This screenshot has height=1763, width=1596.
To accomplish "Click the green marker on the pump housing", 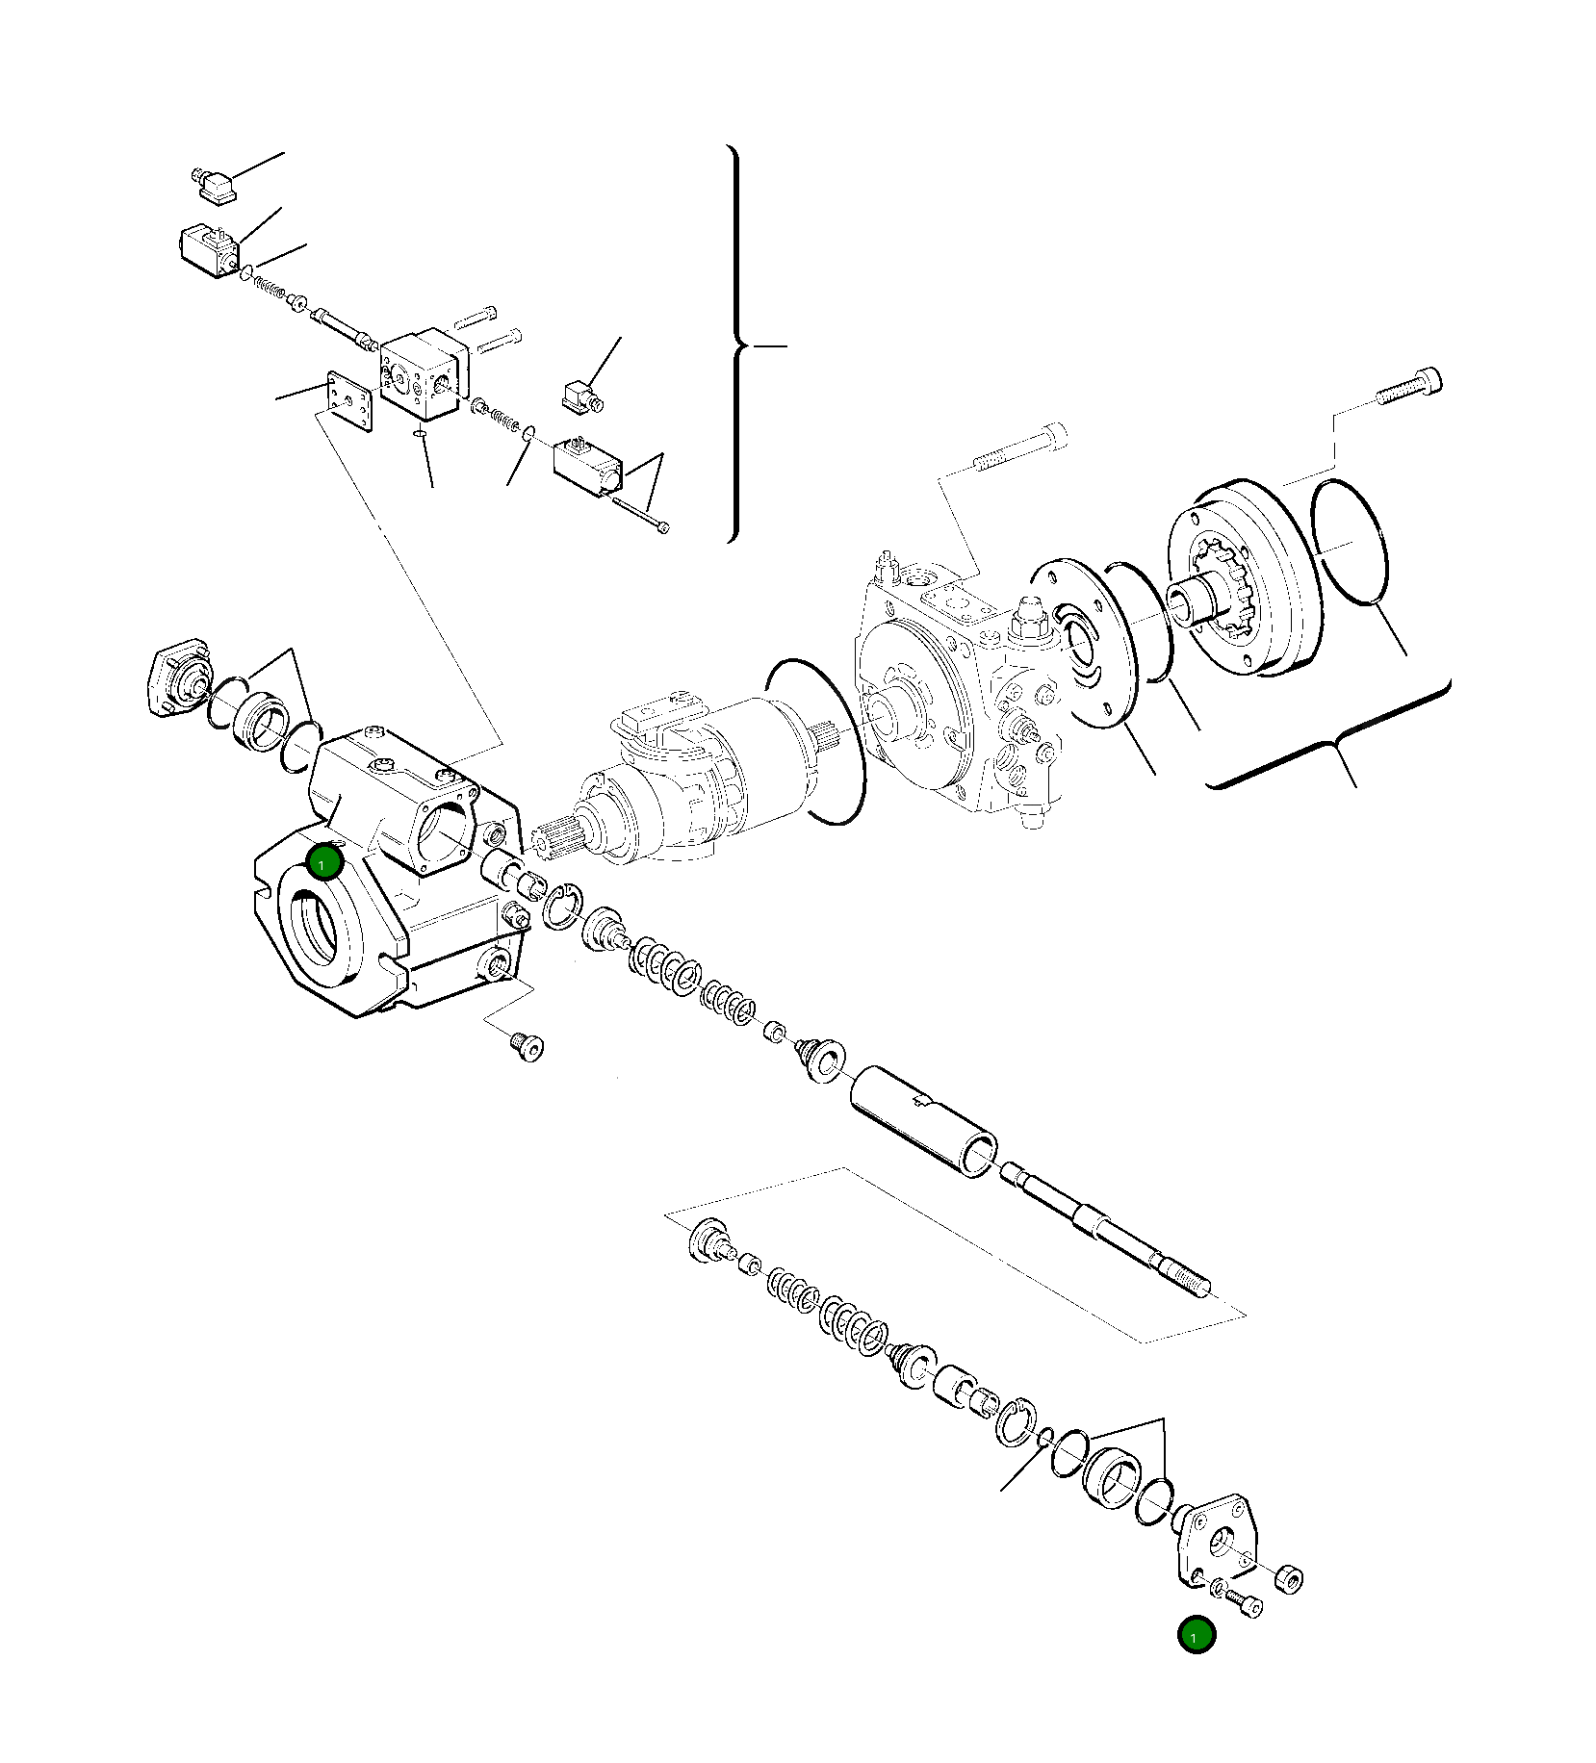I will (x=324, y=861).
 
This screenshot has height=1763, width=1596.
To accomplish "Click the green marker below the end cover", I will (x=1197, y=1635).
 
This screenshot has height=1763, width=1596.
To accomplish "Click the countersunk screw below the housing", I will (x=525, y=1046).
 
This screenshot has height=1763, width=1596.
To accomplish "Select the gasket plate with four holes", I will (x=348, y=401).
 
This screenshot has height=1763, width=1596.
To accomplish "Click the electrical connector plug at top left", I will (x=216, y=186).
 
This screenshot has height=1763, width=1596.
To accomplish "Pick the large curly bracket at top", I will (x=735, y=344).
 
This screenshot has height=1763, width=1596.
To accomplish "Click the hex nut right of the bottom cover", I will (x=1289, y=1579).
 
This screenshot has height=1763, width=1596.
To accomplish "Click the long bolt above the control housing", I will (x=1020, y=447).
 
